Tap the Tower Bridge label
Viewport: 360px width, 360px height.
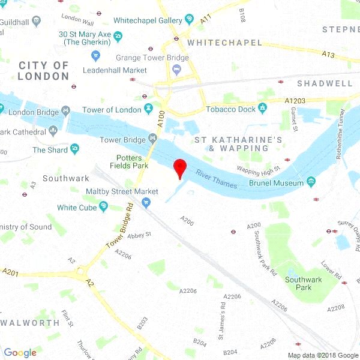coord(122,140)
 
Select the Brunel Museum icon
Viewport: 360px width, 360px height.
coord(311,182)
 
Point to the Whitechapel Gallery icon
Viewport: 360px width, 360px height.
coord(190,20)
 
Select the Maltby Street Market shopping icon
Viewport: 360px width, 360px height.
coord(146,203)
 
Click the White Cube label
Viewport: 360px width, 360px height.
coord(76,208)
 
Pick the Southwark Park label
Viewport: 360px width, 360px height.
coord(303,283)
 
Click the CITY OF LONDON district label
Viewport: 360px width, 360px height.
coord(43,70)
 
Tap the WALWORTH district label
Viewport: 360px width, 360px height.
coord(30,322)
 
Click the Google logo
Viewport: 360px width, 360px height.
coord(20,353)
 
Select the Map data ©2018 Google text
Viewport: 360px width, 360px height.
coord(322,355)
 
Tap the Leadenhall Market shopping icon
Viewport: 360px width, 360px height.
coord(95,56)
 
